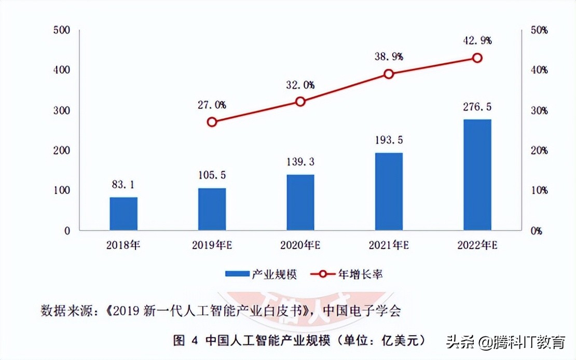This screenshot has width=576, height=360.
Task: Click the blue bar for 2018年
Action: point(124,214)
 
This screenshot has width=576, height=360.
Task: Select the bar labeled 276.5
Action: point(477,175)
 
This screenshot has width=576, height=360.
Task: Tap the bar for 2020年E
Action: point(300,202)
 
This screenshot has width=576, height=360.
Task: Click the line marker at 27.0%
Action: point(212,122)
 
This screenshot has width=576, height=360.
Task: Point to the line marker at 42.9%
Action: point(477,58)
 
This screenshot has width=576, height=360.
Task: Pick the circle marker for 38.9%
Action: point(389,74)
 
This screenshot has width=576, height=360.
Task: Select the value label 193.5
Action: point(389,140)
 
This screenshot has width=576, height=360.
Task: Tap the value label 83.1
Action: point(124,184)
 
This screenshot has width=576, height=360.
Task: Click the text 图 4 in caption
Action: point(186,341)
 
